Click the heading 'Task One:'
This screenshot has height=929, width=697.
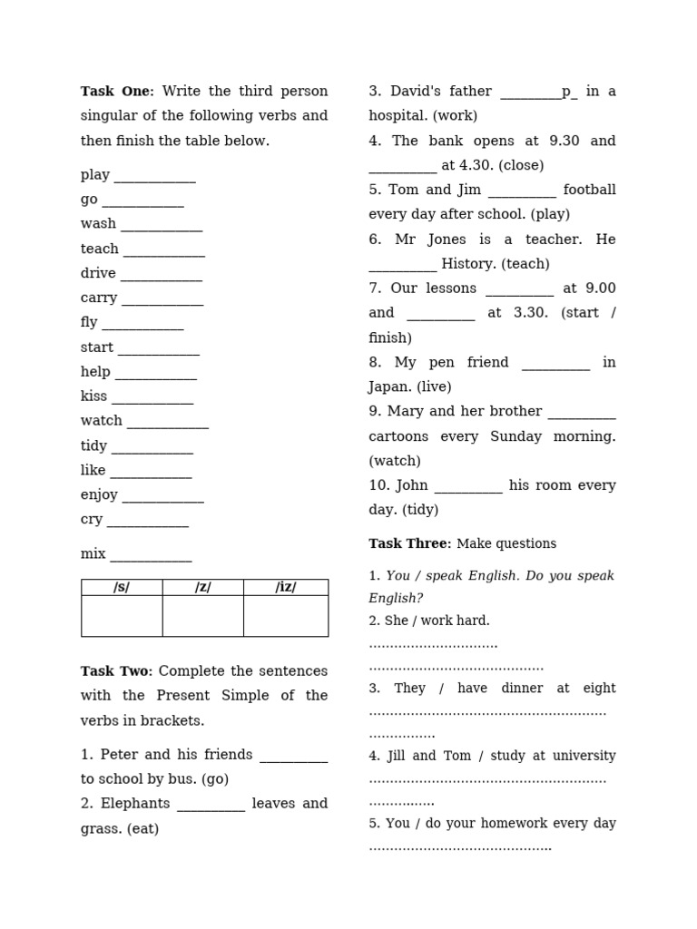click(117, 92)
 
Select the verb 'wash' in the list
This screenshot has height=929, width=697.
click(98, 224)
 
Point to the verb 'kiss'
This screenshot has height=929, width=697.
click(93, 396)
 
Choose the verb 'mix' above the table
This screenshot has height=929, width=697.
click(93, 554)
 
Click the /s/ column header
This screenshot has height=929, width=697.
click(122, 587)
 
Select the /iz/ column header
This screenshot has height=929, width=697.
click(286, 587)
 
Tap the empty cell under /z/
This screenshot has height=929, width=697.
click(202, 616)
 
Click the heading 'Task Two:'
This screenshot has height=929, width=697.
click(117, 671)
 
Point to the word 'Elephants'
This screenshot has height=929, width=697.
click(135, 804)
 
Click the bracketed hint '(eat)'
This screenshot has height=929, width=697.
click(142, 828)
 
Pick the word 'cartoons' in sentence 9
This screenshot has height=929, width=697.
click(398, 436)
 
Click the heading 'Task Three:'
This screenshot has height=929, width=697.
click(409, 543)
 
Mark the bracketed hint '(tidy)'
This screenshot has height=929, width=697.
click(417, 510)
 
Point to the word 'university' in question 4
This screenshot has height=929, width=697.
click(583, 756)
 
